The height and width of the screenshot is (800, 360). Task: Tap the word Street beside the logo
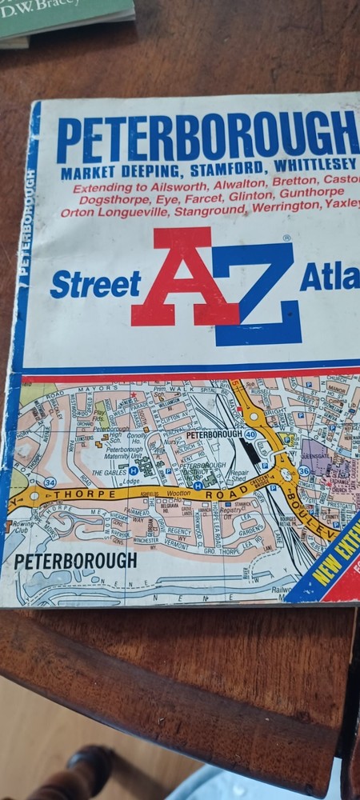click(95, 283)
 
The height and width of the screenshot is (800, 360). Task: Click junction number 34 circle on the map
click(50, 482)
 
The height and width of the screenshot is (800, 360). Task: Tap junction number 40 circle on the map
click(250, 434)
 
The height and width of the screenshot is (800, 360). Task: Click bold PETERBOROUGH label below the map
click(75, 561)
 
